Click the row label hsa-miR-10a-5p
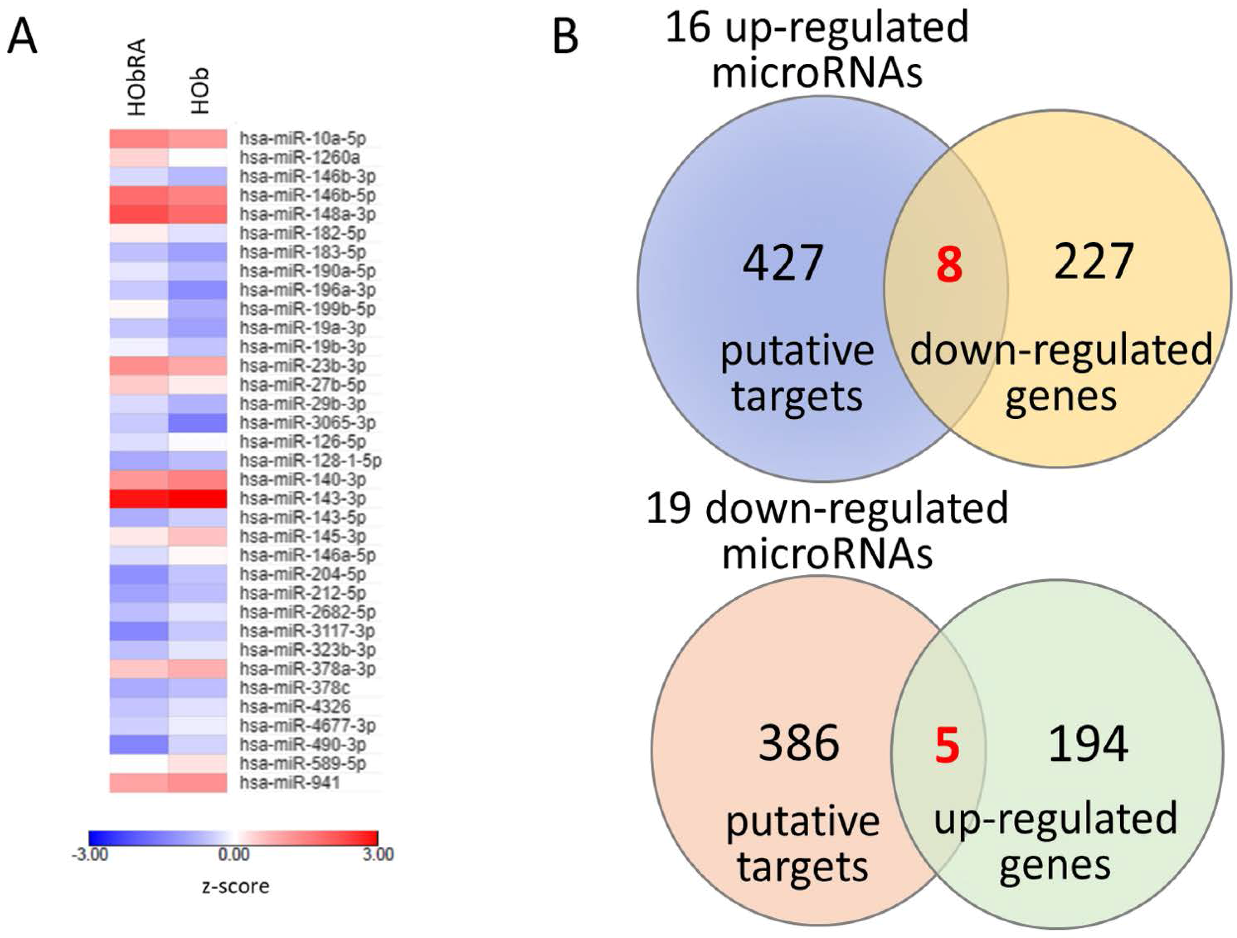[303, 139]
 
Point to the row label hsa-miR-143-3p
[303, 498]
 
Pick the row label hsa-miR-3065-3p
[308, 423]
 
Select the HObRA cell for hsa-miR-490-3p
[139, 745]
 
